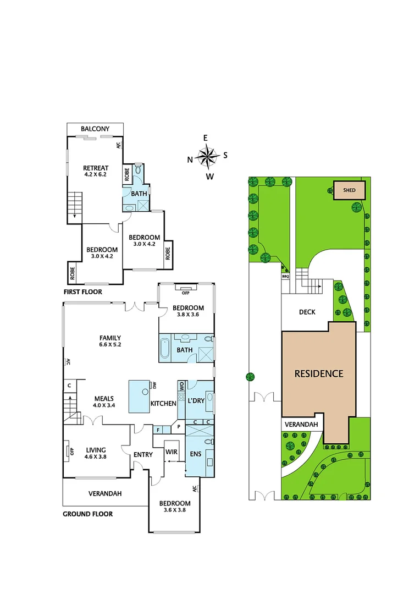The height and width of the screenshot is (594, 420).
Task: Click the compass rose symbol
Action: pos(207,157)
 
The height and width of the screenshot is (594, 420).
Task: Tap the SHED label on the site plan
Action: pos(349,191)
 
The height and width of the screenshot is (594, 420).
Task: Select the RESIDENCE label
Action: pos(319,374)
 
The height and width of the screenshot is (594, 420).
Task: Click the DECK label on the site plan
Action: pos(307,312)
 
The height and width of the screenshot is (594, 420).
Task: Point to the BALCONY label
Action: pos(95,129)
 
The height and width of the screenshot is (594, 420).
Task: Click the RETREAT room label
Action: pos(96,168)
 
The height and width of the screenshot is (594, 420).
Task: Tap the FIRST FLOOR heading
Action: pos(82,291)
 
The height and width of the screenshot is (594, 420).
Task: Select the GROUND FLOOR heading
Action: pos(88,514)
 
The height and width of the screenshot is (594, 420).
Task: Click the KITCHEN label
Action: pos(163,404)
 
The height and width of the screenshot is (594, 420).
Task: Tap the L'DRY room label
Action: pos(196,401)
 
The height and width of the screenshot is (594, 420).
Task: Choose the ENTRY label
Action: pos(143,454)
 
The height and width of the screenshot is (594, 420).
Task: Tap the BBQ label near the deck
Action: pos(285,277)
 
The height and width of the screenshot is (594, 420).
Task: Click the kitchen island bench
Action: pos(143,396)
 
